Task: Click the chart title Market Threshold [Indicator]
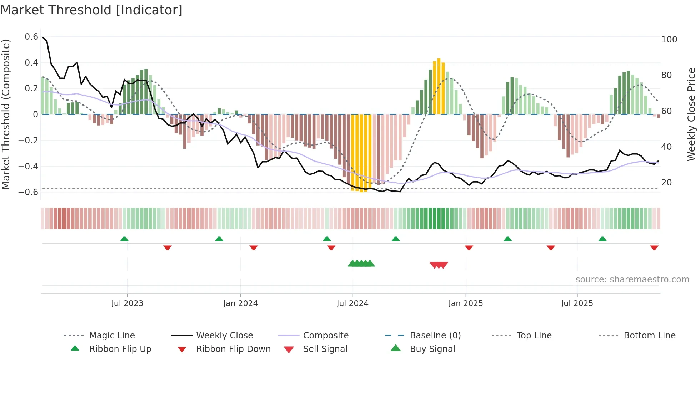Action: tap(91, 10)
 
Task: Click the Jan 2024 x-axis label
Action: tap(240, 303)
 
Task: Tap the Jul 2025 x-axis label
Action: tap(577, 303)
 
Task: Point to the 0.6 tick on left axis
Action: tap(31, 37)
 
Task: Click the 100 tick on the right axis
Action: tap(669, 40)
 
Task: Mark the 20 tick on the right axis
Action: tap(666, 183)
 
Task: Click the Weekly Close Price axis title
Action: tap(691, 114)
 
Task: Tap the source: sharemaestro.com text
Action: tap(632, 280)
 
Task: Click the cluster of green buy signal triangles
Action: tap(361, 264)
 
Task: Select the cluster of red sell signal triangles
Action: tap(439, 265)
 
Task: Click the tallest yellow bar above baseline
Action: tap(439, 86)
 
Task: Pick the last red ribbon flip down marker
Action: tap(654, 247)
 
